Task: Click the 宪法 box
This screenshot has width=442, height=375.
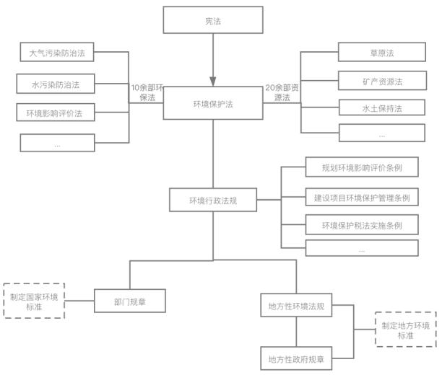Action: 212,21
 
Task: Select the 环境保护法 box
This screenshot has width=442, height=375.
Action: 212,105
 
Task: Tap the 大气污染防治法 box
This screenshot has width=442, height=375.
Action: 56,53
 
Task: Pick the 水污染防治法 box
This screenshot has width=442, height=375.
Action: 56,84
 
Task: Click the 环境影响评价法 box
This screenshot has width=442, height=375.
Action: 56,112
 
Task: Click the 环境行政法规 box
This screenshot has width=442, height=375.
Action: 212,200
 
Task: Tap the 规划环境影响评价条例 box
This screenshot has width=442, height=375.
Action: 362,168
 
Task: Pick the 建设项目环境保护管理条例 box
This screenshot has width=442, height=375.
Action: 362,197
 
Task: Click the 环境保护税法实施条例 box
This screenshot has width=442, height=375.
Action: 362,225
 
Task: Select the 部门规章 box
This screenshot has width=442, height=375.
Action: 131,300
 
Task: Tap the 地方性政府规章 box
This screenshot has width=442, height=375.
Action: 295,358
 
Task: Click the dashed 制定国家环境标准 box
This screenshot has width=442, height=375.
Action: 34,301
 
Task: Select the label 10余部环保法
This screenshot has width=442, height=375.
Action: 147,92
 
